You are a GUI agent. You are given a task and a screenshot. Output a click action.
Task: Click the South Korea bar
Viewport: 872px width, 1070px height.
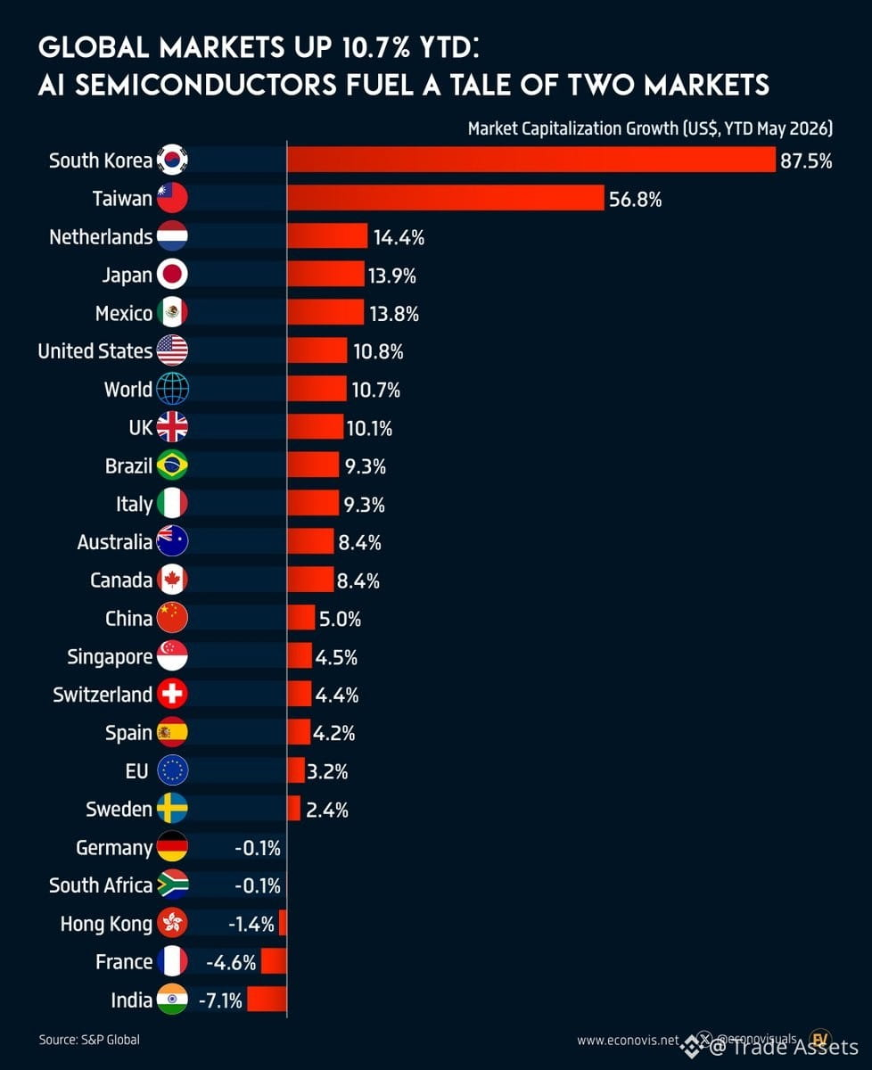531,160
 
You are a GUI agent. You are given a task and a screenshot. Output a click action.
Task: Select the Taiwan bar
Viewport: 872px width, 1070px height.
446,198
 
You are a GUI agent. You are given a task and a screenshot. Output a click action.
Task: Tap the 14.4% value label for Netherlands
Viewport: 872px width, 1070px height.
399,237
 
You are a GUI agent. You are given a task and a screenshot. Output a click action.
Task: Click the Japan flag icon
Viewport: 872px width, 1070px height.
172,275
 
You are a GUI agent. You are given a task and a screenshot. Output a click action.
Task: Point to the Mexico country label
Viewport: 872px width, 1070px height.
124,313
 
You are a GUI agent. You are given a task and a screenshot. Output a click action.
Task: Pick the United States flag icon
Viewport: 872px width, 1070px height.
172,350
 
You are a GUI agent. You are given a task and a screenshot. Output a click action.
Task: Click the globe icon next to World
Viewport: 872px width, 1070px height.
172,389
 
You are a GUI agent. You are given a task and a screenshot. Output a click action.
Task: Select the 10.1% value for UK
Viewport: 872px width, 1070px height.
369,429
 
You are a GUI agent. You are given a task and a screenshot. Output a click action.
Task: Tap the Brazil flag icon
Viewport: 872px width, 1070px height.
172,465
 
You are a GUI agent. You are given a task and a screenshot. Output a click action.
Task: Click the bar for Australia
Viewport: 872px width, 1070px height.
310,541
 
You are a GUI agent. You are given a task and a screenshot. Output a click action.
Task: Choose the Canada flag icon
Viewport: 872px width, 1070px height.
172,580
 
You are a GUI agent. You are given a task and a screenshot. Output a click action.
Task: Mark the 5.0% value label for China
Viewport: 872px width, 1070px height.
340,619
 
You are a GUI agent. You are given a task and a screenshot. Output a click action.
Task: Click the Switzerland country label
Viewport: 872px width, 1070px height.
103,695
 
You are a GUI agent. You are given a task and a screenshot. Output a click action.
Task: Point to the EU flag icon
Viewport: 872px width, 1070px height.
172,770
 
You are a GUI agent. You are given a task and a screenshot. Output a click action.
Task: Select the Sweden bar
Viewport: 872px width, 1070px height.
294,809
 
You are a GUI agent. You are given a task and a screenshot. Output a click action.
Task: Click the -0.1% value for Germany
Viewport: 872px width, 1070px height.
258,849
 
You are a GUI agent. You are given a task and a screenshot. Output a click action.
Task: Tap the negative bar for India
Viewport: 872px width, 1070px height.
267,1000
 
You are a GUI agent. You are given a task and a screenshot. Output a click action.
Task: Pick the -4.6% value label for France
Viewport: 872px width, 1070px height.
231,963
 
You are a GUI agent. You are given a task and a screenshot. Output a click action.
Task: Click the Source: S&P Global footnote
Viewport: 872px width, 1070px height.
89,1040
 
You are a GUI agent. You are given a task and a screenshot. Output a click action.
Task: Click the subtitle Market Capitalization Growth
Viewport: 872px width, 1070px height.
573,128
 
